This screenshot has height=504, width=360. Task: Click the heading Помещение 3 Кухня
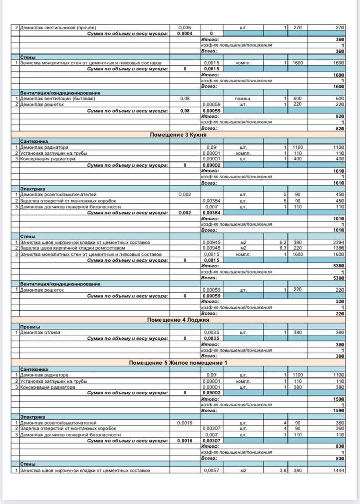pyautogui.click(x=178, y=135)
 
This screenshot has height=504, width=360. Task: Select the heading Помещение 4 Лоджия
pyautogui.click(x=178, y=320)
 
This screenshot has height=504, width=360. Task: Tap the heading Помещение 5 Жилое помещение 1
pyautogui.click(x=178, y=363)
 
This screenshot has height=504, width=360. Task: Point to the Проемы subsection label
pyautogui.click(x=29, y=327)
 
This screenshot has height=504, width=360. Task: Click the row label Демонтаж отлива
pyautogui.click(x=40, y=332)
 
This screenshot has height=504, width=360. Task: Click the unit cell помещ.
pyautogui.click(x=242, y=98)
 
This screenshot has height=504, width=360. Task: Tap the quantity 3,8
pyautogui.click(x=282, y=471)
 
